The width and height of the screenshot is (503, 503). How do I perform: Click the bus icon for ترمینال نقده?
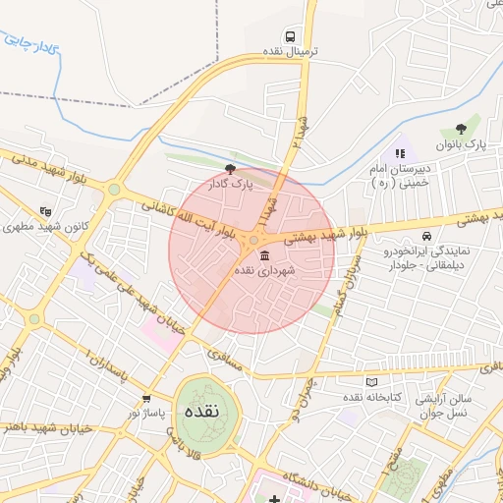tap(287, 32)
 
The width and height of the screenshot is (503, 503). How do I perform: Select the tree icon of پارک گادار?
tap(230, 169)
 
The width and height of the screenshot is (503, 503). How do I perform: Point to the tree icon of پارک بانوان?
tap(461, 129)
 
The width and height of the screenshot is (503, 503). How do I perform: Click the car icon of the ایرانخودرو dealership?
tap(425, 236)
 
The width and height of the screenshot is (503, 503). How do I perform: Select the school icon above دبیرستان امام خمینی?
tap(399, 153)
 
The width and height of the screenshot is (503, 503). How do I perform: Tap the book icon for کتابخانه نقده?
tap(370, 381)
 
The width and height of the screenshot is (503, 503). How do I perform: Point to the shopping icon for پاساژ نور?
tap(146, 398)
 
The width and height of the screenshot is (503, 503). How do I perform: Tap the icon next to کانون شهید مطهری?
tap(44, 210)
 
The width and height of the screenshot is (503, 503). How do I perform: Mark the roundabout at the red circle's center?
tap(252, 241)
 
